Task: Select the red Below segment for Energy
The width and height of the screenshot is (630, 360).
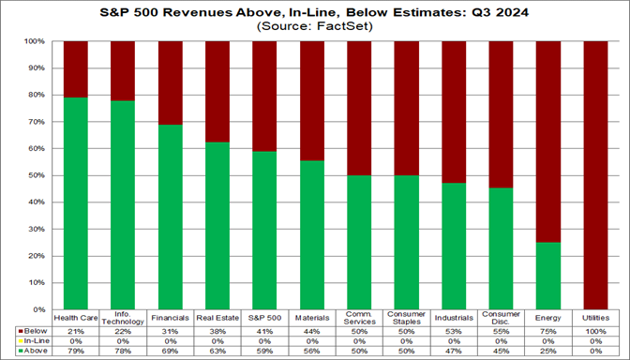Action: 549,141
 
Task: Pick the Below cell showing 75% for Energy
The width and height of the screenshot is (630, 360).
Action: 549,331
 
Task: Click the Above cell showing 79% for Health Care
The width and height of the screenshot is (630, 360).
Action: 76,350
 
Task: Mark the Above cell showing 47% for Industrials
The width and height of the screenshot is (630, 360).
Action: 455,350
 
